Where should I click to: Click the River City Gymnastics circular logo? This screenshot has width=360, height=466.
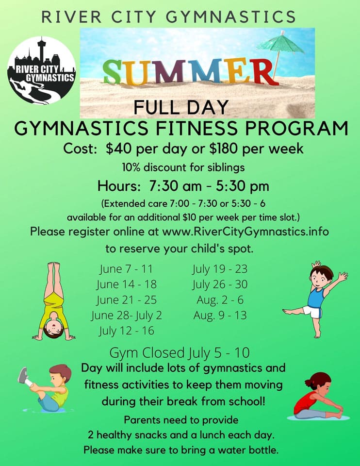[42, 70]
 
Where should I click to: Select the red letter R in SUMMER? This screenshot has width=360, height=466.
[264, 71]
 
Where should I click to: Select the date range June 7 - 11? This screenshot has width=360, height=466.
[126, 269]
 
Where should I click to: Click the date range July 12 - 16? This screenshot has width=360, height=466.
[126, 331]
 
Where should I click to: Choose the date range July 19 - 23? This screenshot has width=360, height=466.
[220, 269]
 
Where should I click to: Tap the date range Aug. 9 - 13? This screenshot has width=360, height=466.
[219, 315]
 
